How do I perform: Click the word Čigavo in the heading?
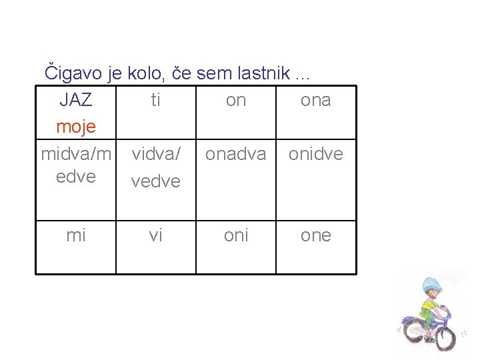71,71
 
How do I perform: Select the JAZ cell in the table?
76,100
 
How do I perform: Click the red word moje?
76,126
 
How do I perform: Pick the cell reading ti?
155,100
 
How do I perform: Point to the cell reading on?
236,100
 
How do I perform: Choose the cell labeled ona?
316,100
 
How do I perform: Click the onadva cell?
236,154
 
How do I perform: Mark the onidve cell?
316,154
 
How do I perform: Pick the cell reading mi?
76,235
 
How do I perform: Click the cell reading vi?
155,235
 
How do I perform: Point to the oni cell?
236,235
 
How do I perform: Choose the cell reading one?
316,235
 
